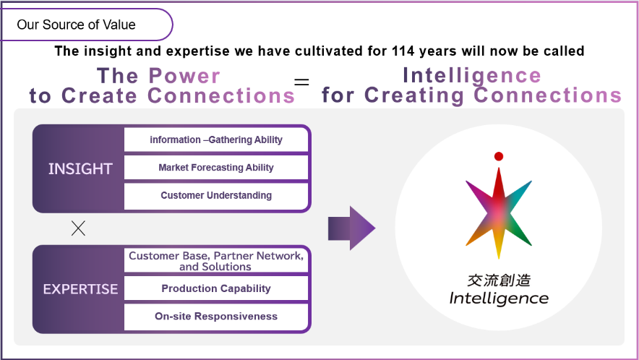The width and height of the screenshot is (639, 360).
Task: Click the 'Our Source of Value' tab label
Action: [76, 25]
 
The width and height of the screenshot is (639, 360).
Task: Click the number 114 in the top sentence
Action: [403, 51]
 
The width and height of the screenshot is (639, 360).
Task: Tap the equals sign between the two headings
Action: [301, 82]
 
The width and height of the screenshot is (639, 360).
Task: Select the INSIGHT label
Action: [80, 168]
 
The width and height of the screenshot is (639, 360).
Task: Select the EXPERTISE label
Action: [80, 289]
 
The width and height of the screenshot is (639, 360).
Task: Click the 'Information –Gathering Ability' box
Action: [216, 140]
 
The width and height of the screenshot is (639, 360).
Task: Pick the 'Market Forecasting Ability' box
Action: [216, 168]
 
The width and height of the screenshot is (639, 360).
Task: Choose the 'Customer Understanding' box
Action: [216, 196]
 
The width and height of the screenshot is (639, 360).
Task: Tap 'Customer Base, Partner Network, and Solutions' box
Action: [216, 260]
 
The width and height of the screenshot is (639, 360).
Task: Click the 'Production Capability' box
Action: [216, 288]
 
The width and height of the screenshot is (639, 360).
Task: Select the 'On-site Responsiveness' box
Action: [216, 317]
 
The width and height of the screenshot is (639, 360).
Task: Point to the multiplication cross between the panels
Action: [78, 228]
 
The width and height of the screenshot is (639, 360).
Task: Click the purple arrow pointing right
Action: [351, 228]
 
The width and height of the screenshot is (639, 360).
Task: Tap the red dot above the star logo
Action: [498, 156]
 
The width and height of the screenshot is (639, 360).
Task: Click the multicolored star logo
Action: [498, 213]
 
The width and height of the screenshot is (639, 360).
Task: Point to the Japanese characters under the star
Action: [499, 280]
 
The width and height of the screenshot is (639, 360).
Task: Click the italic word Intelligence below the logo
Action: [499, 299]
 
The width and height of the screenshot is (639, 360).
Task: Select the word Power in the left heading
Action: [184, 76]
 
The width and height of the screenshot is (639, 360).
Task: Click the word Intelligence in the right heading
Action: [472, 76]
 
